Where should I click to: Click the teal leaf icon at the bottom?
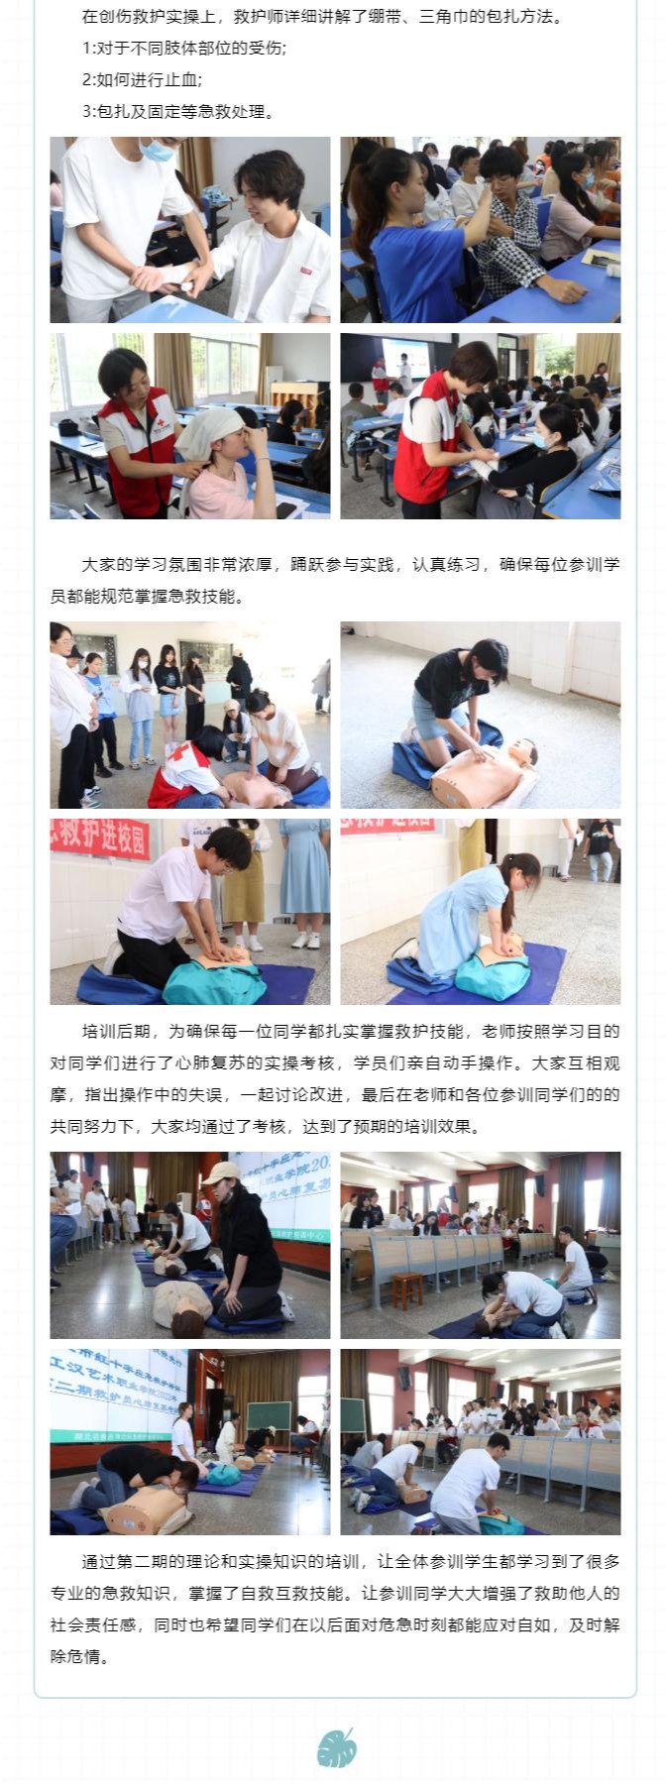pyautogui.click(x=336, y=1746)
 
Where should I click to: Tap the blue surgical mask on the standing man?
pyautogui.click(x=157, y=150)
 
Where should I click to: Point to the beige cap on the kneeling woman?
pyautogui.click(x=221, y=1174)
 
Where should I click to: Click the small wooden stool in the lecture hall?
pyautogui.click(x=406, y=1290)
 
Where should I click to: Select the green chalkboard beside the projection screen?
pyautogui.click(x=269, y=1415)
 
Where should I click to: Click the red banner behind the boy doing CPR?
pyautogui.click(x=99, y=838)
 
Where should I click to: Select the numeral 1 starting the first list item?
pyautogui.click(x=86, y=49)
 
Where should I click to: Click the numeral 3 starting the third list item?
pyautogui.click(x=86, y=112)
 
